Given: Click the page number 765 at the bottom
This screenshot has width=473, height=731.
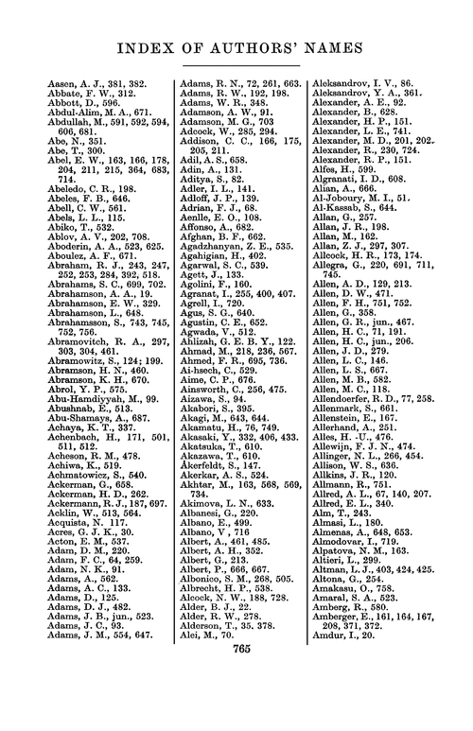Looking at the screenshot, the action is point(236,702).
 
